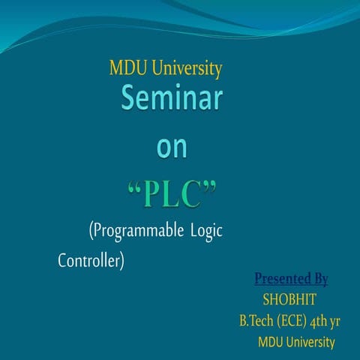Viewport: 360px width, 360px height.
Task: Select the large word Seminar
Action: (x=172, y=100)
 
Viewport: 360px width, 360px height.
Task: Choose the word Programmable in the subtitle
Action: (x=136, y=231)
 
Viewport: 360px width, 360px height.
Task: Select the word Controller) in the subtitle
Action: (x=91, y=262)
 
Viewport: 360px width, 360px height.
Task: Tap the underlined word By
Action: (x=320, y=280)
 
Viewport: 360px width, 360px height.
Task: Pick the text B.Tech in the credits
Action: (x=256, y=322)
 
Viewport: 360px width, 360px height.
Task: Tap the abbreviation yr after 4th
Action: (x=336, y=322)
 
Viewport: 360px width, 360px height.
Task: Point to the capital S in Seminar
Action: (x=131, y=100)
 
